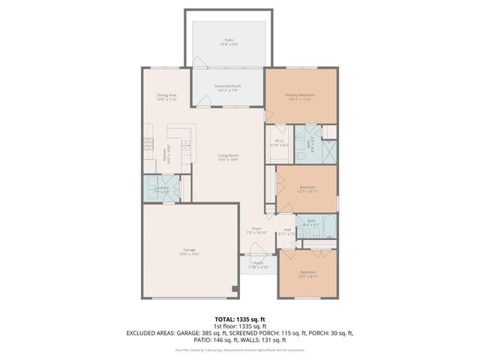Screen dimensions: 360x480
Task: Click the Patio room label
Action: (x=228, y=41)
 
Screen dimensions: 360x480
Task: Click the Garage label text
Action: (x=189, y=251)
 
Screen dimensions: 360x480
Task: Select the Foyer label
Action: (x=256, y=230)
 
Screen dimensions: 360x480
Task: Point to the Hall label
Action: (x=286, y=231)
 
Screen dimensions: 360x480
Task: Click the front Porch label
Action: (x=257, y=265)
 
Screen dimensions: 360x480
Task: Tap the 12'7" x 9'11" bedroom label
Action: (x=307, y=189)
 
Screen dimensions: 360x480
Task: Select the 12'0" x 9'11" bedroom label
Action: (x=308, y=274)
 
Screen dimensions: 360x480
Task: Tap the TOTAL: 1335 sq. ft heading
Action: (x=239, y=319)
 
